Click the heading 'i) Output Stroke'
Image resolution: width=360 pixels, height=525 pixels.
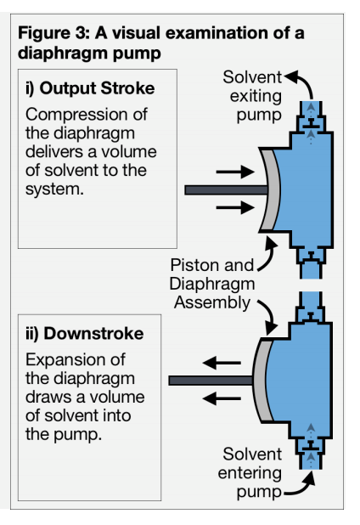tap(90, 88)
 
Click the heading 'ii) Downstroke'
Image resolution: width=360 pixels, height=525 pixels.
tap(85, 334)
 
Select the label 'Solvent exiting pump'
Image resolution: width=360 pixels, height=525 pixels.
tap(252, 96)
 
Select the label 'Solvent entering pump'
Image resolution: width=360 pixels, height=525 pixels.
tap(250, 473)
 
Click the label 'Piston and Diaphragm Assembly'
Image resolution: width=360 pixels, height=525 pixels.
tap(212, 284)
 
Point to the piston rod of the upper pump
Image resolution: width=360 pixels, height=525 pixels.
tap(226, 189)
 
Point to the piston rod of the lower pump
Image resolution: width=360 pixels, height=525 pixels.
tap(211, 381)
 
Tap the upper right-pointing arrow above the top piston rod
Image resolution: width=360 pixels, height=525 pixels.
tap(235, 172)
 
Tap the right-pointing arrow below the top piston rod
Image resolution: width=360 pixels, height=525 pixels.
tap(235, 207)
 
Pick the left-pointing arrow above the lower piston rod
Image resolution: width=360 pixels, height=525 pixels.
tap(222, 363)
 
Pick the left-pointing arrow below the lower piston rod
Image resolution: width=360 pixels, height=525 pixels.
tap(222, 398)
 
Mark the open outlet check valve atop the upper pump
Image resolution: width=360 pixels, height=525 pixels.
tap(311, 123)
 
